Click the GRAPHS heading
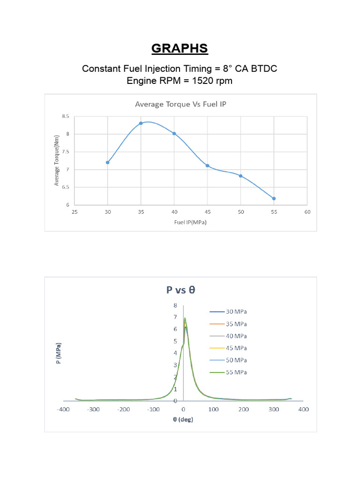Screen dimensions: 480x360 tap(180, 49)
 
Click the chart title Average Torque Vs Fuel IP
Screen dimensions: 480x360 tap(180, 104)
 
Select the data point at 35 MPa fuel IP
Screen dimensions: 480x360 tap(141, 123)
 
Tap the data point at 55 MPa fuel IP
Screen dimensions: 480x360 tap(274, 198)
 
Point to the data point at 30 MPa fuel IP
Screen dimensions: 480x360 tap(108, 162)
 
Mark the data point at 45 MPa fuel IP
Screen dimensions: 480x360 tap(207, 165)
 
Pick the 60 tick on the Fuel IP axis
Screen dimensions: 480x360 tap(307, 212)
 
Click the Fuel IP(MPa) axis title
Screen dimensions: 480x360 tap(190, 222)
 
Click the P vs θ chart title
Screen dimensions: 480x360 tap(180, 290)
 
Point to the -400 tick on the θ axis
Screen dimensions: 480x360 tap(63, 409)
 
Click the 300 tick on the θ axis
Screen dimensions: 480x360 tap(274, 409)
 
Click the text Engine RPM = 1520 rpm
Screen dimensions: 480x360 tap(180, 81)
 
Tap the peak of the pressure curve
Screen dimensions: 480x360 tap(185, 318)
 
